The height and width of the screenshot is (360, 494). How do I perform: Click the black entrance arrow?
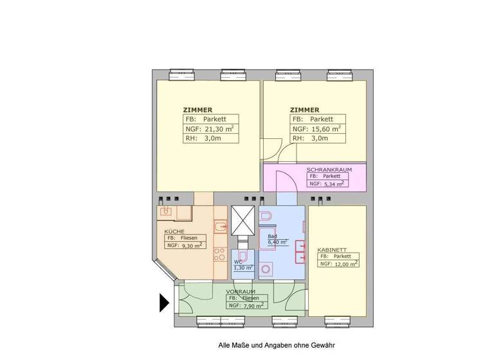[x=163, y=302]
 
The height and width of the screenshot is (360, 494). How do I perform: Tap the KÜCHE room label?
[x=174, y=231]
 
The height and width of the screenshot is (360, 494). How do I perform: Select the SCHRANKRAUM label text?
[x=328, y=169]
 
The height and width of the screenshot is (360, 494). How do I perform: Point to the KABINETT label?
[x=332, y=249]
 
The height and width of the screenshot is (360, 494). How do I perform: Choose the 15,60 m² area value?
[x=325, y=129]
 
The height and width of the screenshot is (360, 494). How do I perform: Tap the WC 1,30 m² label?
[x=242, y=265]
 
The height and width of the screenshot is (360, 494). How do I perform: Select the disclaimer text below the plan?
[x=277, y=345]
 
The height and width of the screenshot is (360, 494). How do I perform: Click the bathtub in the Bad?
[x=298, y=251]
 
